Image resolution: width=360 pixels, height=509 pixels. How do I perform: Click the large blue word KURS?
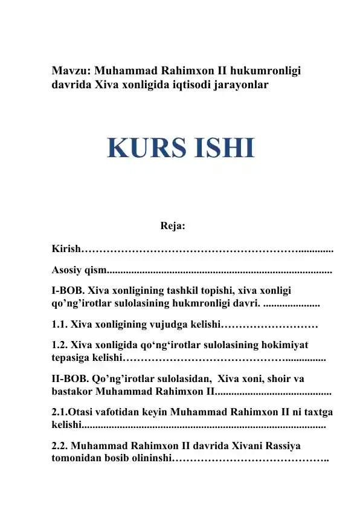pos(147,148)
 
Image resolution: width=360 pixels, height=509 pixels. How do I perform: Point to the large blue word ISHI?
pos(222,148)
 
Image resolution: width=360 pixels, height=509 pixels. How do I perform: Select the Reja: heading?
pos(173,227)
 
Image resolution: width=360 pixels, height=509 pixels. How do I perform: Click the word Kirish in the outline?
pos(66,249)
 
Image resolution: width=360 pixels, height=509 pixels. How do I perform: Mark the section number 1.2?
pos(60,345)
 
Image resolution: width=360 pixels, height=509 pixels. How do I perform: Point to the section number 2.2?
pos(60,445)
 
